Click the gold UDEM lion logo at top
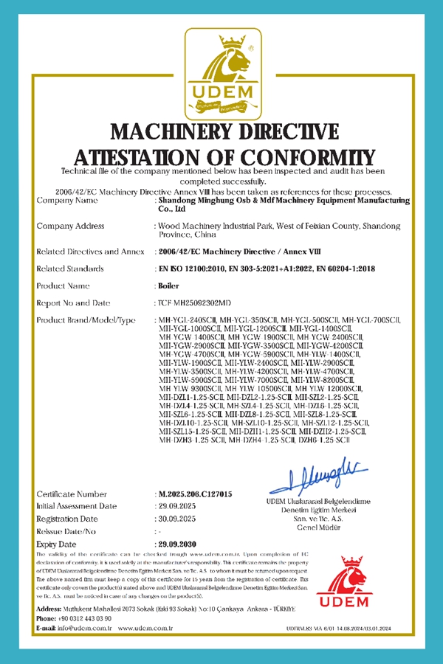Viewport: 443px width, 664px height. (x=221, y=74)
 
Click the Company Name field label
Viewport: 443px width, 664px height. (x=66, y=201)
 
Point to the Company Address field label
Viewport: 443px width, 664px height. (x=72, y=226)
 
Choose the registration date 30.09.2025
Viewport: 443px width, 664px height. (x=179, y=519)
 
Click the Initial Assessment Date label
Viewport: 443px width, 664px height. (x=77, y=506)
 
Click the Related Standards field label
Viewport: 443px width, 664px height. (x=70, y=269)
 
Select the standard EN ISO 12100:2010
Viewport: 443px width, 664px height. (x=191, y=269)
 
